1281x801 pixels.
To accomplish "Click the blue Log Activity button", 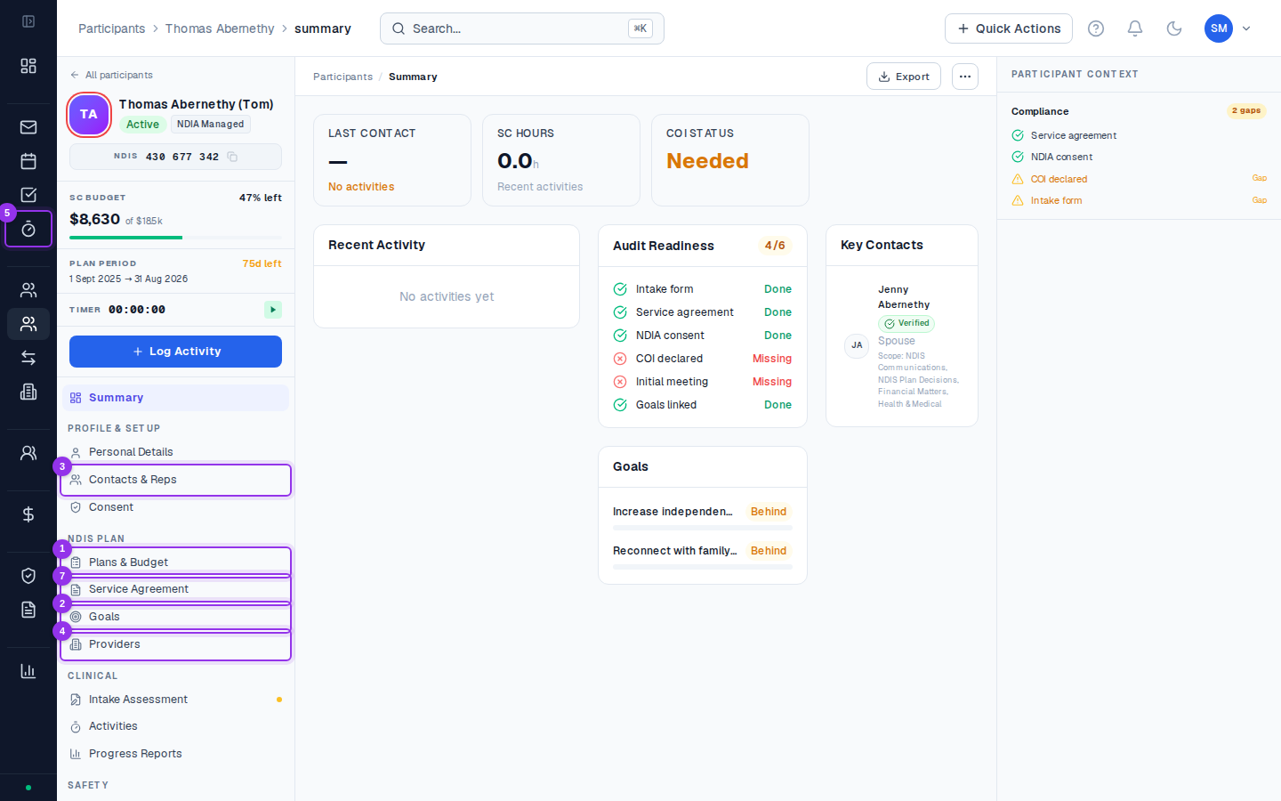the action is (175, 352).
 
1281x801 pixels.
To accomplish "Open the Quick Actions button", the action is (1008, 28).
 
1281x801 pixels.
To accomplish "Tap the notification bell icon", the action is (1134, 28).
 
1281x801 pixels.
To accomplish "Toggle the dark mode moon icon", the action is (1173, 28).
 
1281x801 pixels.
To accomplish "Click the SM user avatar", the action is (1218, 28).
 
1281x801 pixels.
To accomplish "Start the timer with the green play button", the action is (273, 310).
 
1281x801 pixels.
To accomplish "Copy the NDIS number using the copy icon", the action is (232, 157).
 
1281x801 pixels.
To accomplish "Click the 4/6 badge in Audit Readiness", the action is (775, 246).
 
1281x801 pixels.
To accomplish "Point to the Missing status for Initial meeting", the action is (772, 382).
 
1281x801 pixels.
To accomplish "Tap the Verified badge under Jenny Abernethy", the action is (906, 323).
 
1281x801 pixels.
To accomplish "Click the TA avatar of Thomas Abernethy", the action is (89, 115).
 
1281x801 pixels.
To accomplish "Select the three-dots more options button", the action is (964, 77).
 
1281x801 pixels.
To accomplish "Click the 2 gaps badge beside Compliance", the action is (1245, 110).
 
